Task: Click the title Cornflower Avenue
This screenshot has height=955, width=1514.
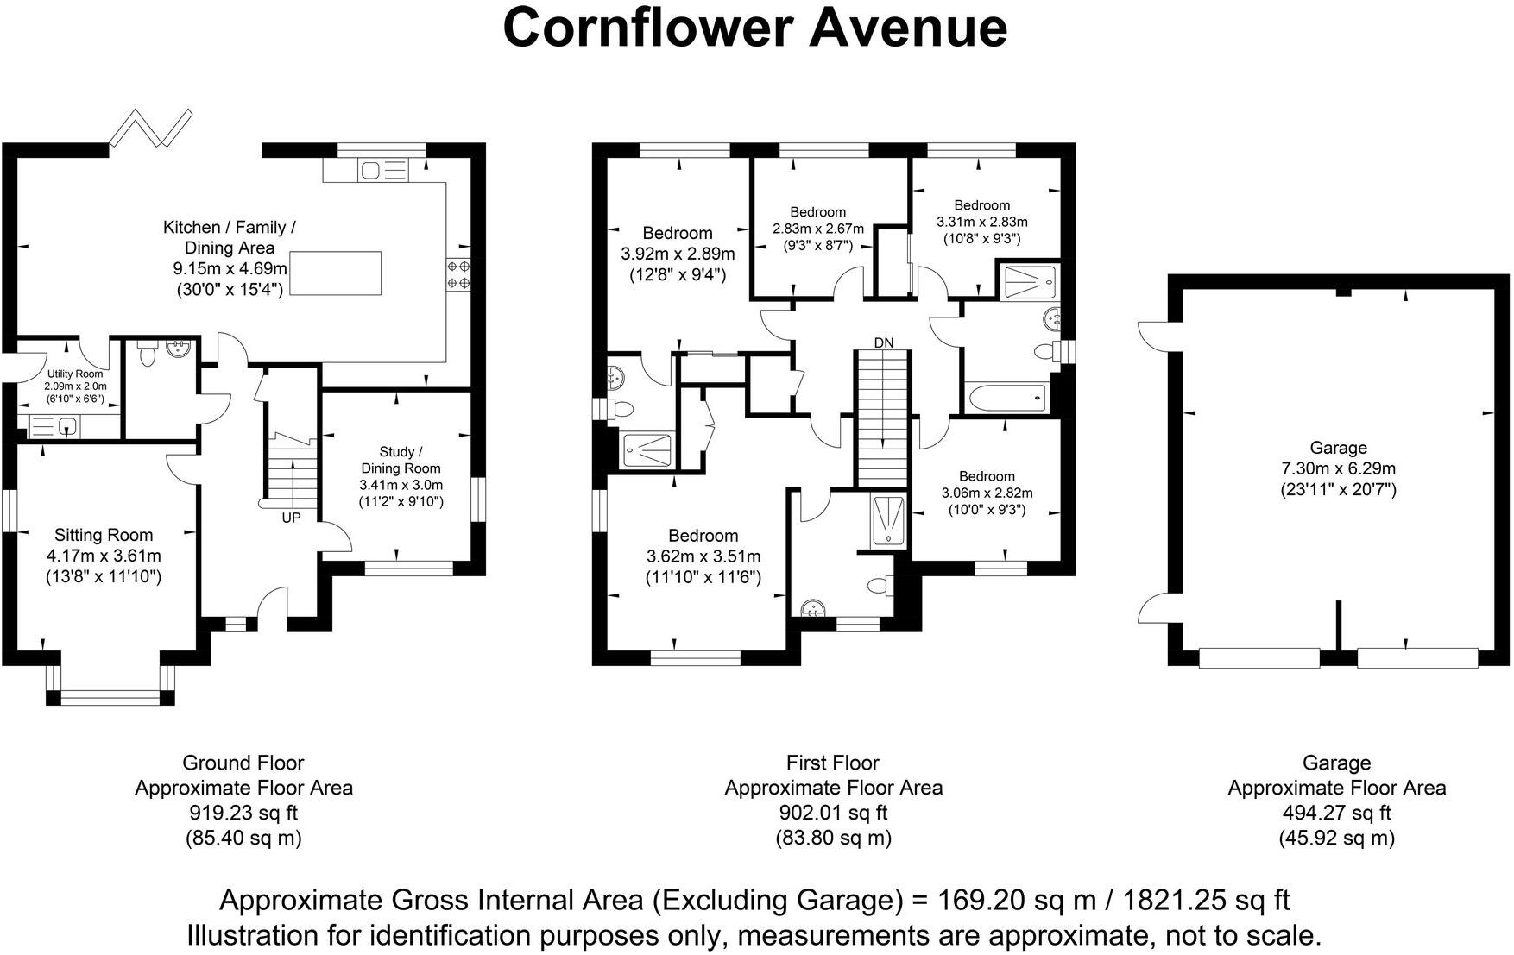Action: pyautogui.click(x=754, y=28)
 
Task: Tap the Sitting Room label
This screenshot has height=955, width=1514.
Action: pyautogui.click(x=104, y=535)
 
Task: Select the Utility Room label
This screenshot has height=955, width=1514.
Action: pyautogui.click(x=75, y=374)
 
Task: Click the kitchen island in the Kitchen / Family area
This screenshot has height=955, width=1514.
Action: pyautogui.click(x=336, y=273)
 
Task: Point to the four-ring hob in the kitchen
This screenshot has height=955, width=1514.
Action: pyautogui.click(x=458, y=274)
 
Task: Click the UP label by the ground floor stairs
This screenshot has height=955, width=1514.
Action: pyautogui.click(x=291, y=518)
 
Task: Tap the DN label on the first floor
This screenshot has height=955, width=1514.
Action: pyautogui.click(x=884, y=342)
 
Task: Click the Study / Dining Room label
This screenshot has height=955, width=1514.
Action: pyautogui.click(x=401, y=460)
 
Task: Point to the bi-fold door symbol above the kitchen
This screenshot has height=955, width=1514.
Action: pyautogui.click(x=152, y=127)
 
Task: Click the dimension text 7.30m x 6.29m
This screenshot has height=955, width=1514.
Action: pyautogui.click(x=1338, y=469)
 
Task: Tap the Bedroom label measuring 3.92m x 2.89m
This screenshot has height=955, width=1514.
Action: pyautogui.click(x=678, y=233)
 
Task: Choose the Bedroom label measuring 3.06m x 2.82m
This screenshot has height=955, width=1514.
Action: pyautogui.click(x=987, y=476)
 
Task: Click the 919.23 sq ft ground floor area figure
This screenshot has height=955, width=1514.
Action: pyautogui.click(x=243, y=813)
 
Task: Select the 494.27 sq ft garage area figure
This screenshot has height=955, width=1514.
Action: pyautogui.click(x=1337, y=813)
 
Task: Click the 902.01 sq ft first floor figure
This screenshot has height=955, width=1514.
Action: pyautogui.click(x=833, y=813)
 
